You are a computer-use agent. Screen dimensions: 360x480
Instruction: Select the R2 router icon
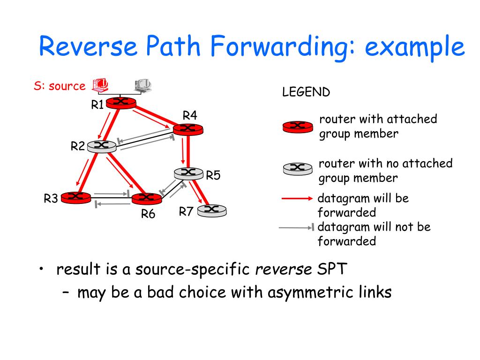tap(101, 146)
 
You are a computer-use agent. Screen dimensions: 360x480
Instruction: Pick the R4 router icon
tap(187, 128)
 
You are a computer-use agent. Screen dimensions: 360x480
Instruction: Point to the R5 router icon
tap(188, 173)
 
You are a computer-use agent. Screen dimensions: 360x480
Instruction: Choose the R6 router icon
tap(146, 198)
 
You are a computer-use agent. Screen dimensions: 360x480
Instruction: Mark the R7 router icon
tap(211, 210)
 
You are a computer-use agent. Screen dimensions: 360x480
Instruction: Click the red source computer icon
tap(101, 84)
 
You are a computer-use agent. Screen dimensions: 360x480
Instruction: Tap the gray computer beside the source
tap(143, 84)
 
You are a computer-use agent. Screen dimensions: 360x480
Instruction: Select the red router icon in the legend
tap(297, 126)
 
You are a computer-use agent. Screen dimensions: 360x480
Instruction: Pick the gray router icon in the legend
tap(297, 168)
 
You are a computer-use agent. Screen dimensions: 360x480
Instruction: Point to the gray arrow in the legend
tap(296, 228)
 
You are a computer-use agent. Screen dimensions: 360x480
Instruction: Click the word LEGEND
tap(306, 92)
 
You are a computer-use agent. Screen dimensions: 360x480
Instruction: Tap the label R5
tap(213, 175)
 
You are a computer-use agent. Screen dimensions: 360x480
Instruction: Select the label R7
tap(186, 212)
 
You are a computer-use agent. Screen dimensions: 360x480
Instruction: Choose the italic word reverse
tap(283, 269)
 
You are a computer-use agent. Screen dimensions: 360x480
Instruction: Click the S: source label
tap(60, 86)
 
